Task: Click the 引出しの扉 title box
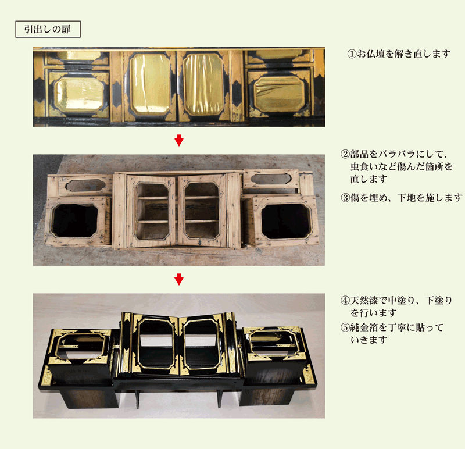[x=48, y=29]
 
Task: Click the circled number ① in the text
[x=352, y=54]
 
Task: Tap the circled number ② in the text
[x=345, y=154]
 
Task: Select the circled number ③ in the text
[x=345, y=197]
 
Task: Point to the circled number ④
[x=345, y=300]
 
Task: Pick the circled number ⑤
[x=345, y=327]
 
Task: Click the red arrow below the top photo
[x=179, y=140]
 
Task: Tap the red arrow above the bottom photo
[x=179, y=279]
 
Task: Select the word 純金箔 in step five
[x=364, y=327]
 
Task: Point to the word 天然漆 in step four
[x=364, y=300]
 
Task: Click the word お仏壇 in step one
[x=371, y=54]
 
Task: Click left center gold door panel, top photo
[x=150, y=85]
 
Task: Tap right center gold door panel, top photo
[x=203, y=85]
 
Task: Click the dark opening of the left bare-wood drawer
[x=75, y=220]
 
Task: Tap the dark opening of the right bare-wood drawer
[x=286, y=222]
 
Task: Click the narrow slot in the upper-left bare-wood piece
[x=85, y=186]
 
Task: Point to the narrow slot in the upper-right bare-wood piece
[x=270, y=179]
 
